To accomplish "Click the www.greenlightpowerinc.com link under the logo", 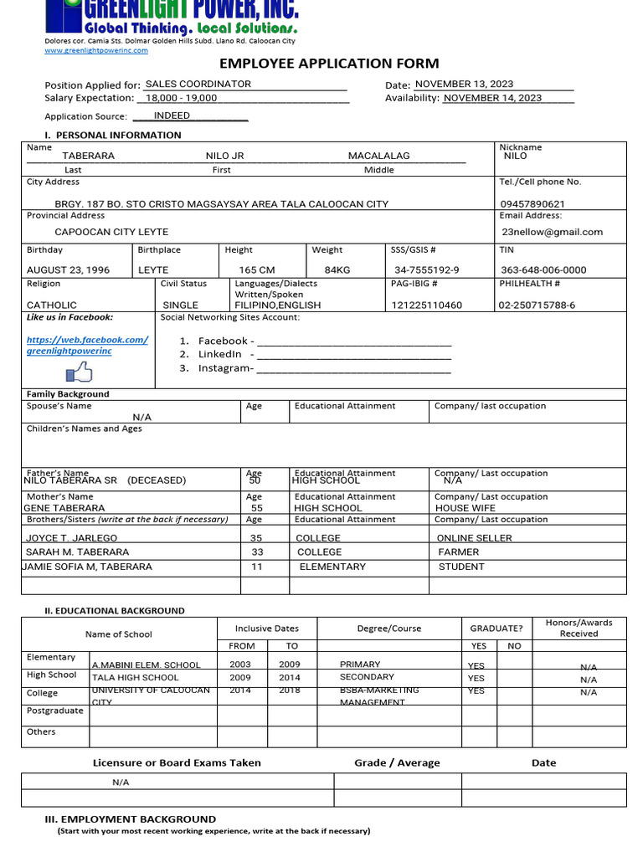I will click(x=95, y=50).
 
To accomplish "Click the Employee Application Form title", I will click(x=329, y=64).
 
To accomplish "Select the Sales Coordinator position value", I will click(x=198, y=85).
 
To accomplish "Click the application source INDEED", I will click(x=172, y=116).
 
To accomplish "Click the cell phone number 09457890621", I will click(x=532, y=204).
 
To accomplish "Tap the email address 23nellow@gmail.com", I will click(x=552, y=232).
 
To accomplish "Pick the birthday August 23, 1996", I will click(x=68, y=270).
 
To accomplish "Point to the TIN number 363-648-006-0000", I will click(x=543, y=270).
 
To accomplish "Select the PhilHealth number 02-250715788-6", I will click(x=538, y=305).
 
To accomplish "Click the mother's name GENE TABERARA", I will click(x=64, y=508).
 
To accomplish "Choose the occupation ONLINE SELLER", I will click(x=474, y=538).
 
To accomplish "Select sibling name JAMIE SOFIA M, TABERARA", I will click(x=87, y=567).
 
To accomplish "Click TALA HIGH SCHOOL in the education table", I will click(x=135, y=678).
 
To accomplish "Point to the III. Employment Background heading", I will click(x=130, y=819).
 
